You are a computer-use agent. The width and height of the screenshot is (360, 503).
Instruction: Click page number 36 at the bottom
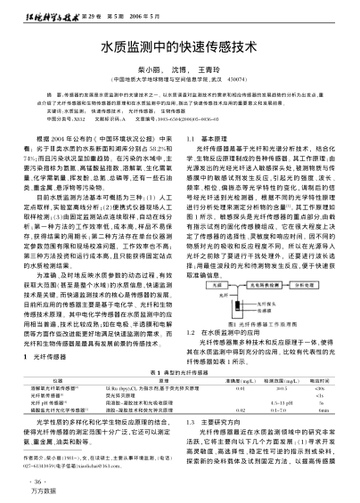[x=20, y=481]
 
